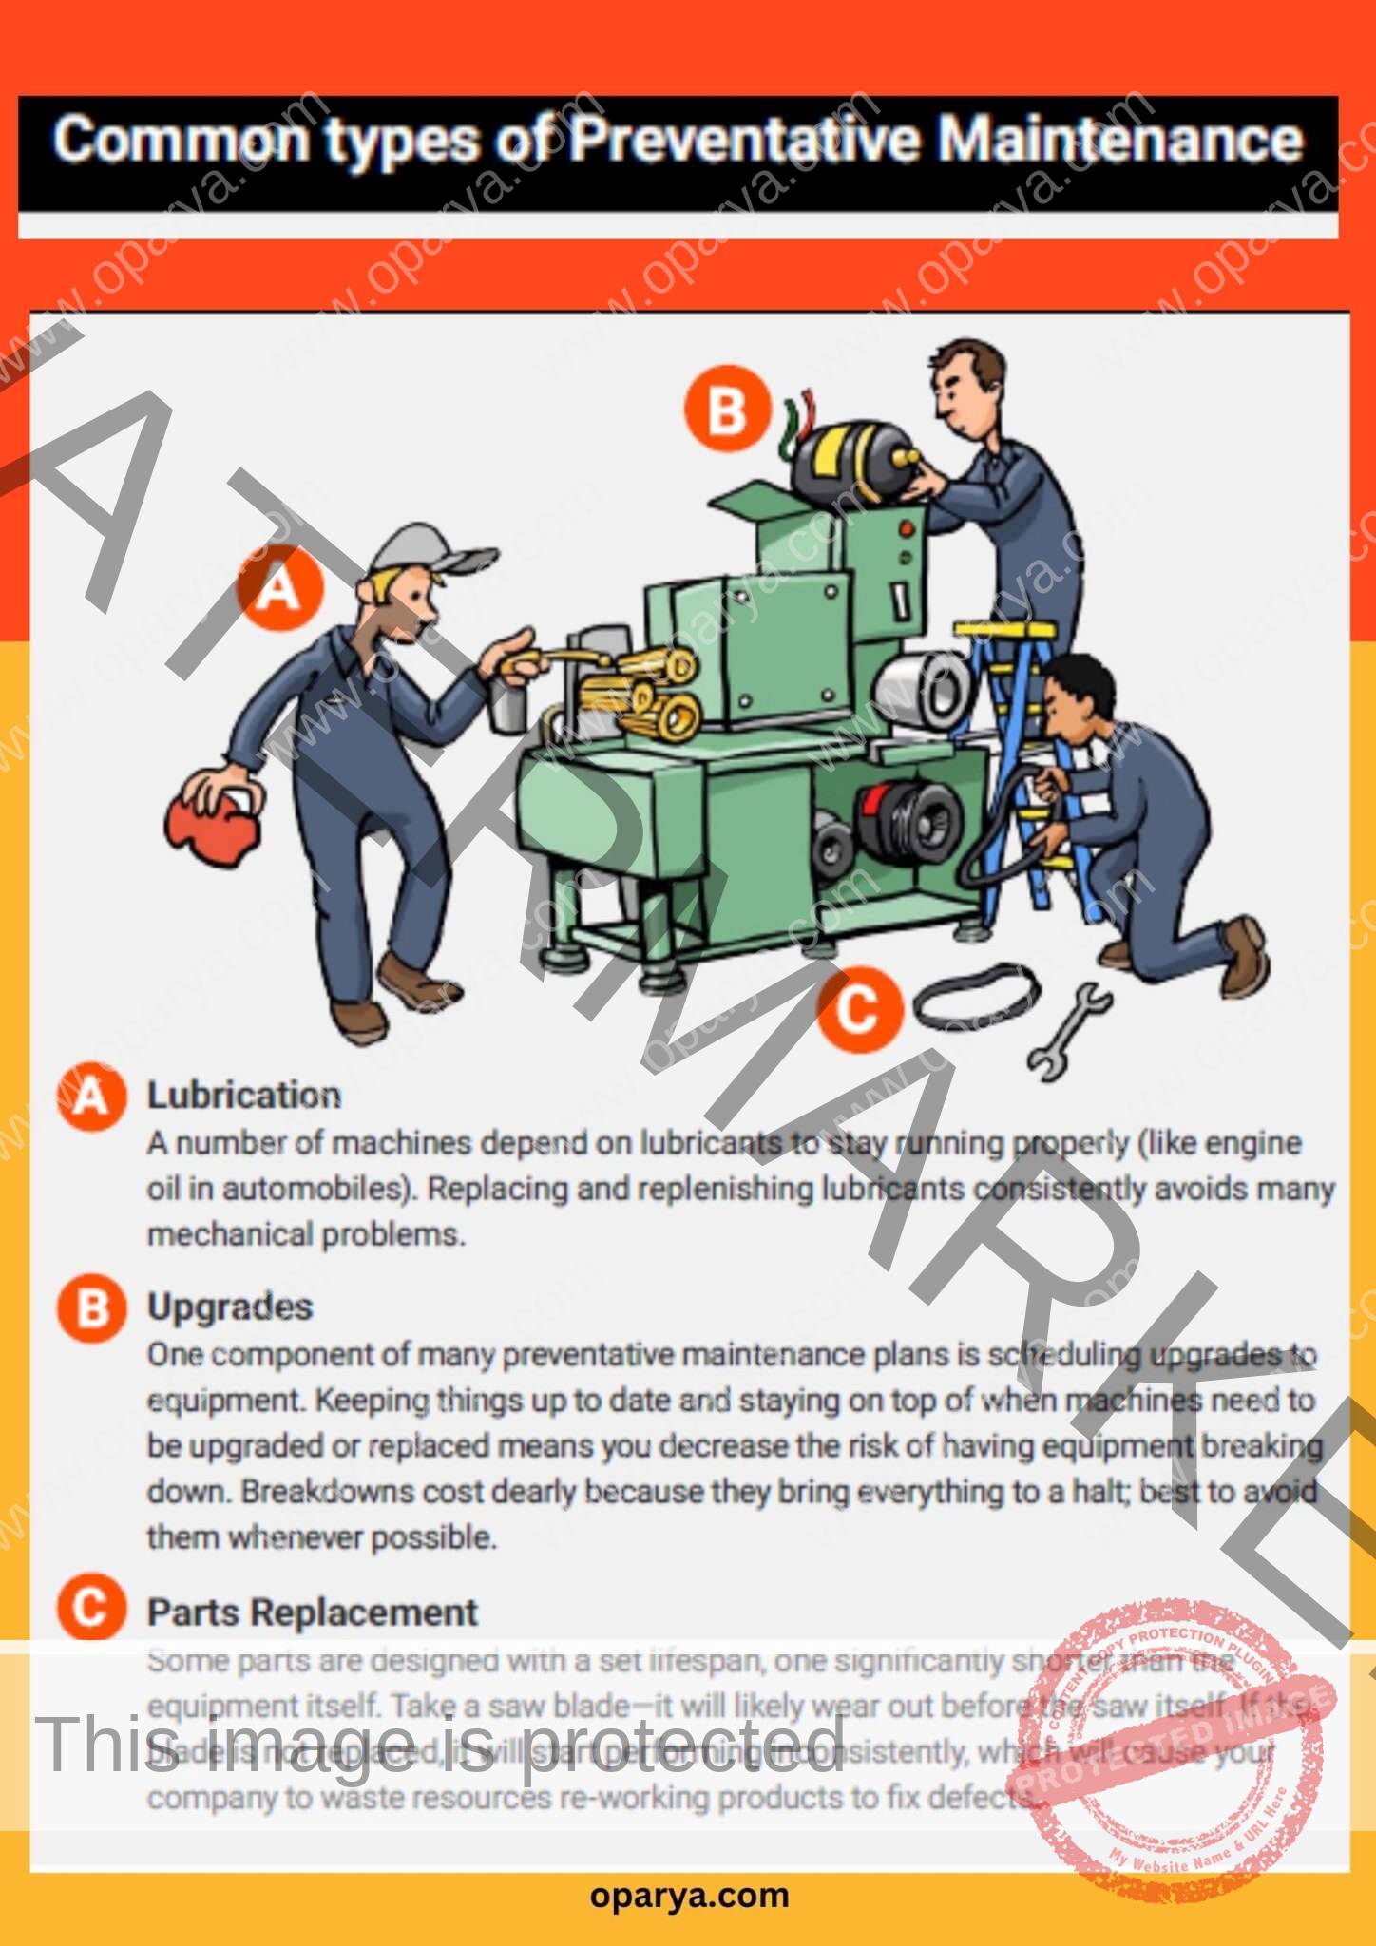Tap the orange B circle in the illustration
[727, 411]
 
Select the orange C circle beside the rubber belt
[857, 1009]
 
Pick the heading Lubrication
[243, 1096]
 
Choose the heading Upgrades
[229, 1307]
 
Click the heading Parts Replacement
[312, 1613]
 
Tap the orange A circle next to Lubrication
[91, 1097]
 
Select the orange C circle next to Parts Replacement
[91, 1609]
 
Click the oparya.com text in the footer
[689, 1895]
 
